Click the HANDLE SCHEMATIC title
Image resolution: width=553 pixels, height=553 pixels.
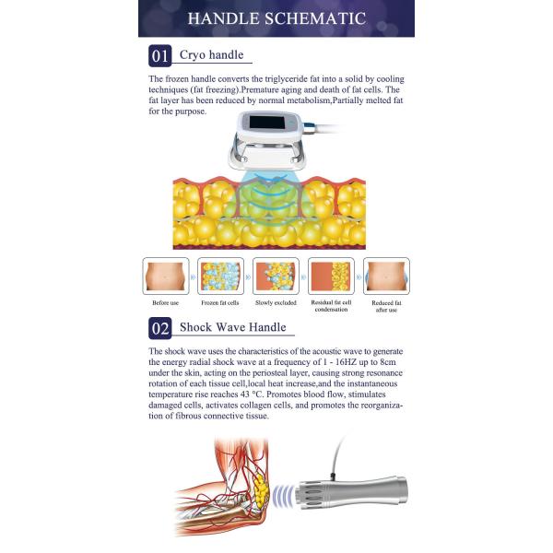[x=276, y=18]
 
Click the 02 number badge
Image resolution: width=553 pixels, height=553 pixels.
[x=159, y=328]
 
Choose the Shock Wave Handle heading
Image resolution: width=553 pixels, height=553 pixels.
[x=232, y=327]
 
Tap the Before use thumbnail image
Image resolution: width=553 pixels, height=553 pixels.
[x=166, y=275]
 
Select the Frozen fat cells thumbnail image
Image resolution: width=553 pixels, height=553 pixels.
[x=221, y=275]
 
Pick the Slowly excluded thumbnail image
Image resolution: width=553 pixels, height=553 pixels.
[x=276, y=275]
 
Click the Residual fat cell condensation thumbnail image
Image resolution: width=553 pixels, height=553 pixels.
[x=332, y=275]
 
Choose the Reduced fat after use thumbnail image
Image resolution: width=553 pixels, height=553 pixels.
[x=386, y=275]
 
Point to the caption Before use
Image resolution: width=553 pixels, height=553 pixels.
[x=166, y=303]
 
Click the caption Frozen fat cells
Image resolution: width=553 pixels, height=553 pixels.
[x=221, y=303]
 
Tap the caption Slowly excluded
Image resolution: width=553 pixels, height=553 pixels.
[x=276, y=303]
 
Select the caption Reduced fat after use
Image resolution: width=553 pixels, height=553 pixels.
[x=386, y=306]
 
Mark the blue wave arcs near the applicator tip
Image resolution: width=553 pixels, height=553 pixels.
[x=297, y=492]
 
